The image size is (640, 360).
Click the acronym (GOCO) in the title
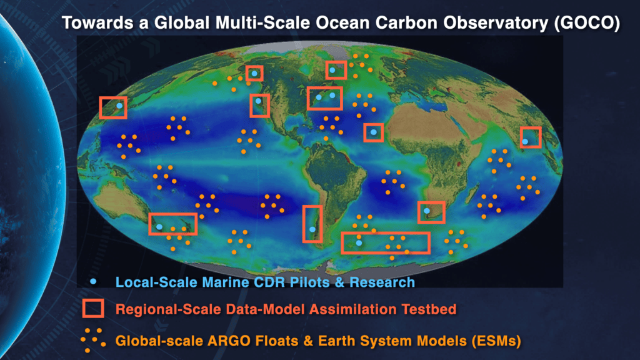pos(587,23)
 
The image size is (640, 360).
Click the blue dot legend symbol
pos(94,282)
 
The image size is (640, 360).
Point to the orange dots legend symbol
pos(93,339)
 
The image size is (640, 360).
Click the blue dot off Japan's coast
pos(119,106)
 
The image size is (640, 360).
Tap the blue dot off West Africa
pos(374,132)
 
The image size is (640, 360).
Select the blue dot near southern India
pos(525,142)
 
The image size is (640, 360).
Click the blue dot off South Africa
pos(426,211)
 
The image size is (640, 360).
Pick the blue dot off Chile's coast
pos(312,229)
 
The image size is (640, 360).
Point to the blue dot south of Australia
pos(159,227)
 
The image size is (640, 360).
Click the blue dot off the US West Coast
pos(258,101)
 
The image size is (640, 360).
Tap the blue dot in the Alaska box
pos(254,74)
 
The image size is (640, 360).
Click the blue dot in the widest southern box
pos(359,243)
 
